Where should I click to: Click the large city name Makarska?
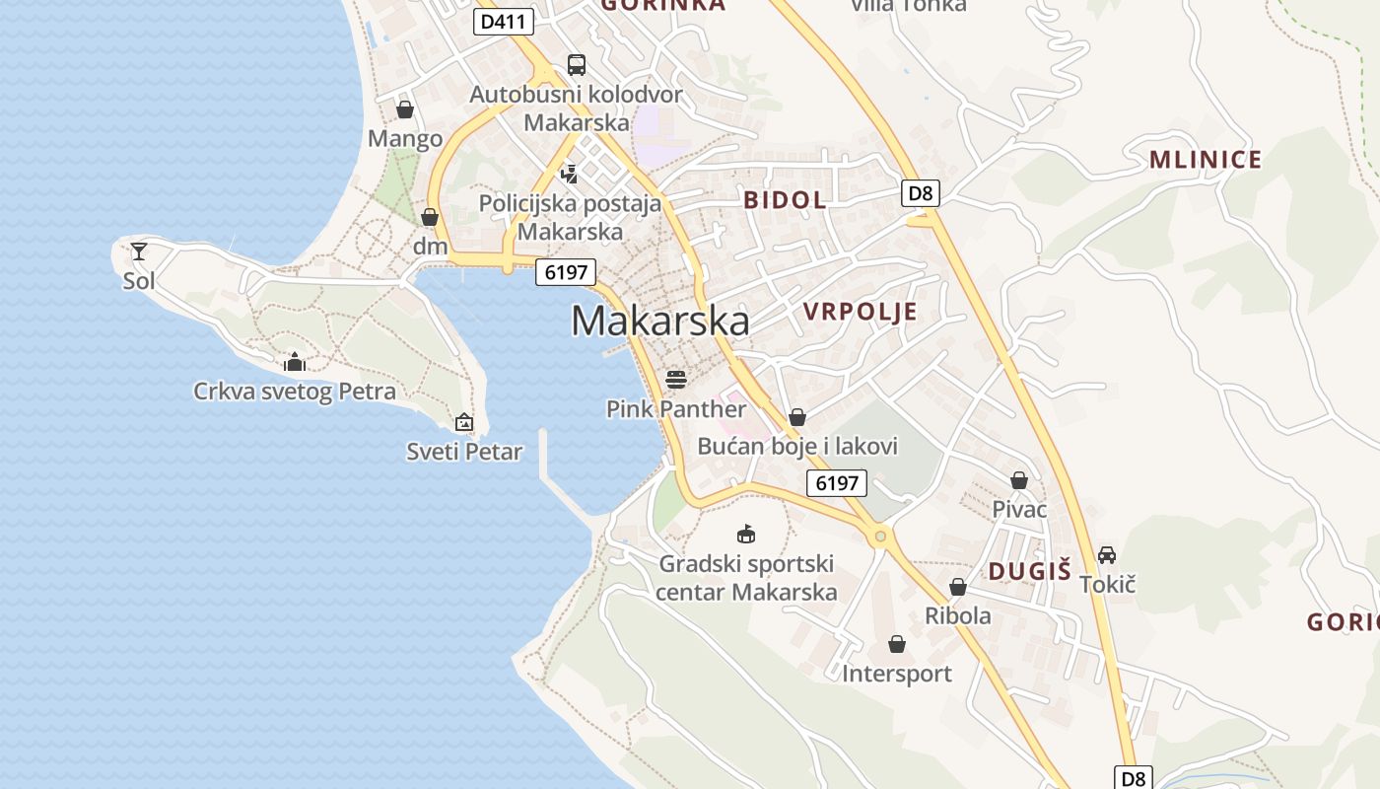click(659, 321)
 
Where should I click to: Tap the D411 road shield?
click(504, 22)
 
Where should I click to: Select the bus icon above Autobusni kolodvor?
click(577, 65)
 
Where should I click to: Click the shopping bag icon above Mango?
click(404, 109)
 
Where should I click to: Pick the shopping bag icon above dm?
click(430, 217)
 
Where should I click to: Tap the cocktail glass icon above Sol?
click(139, 251)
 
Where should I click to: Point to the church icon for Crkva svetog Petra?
click(294, 363)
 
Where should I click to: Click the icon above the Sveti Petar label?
click(464, 423)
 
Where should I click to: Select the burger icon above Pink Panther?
click(675, 379)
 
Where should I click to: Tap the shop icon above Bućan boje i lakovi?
click(797, 417)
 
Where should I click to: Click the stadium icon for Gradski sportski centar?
click(746, 535)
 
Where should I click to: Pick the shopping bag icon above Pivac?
click(1019, 480)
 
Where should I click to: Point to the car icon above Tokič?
click(1107, 555)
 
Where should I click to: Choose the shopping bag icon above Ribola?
click(957, 587)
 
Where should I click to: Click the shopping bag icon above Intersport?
click(897, 644)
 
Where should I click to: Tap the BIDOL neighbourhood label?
click(785, 200)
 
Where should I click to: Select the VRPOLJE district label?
click(860, 313)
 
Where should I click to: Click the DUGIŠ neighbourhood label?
click(1029, 571)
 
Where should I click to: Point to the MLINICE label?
click(1205, 160)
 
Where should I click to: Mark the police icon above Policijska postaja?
click(569, 175)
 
